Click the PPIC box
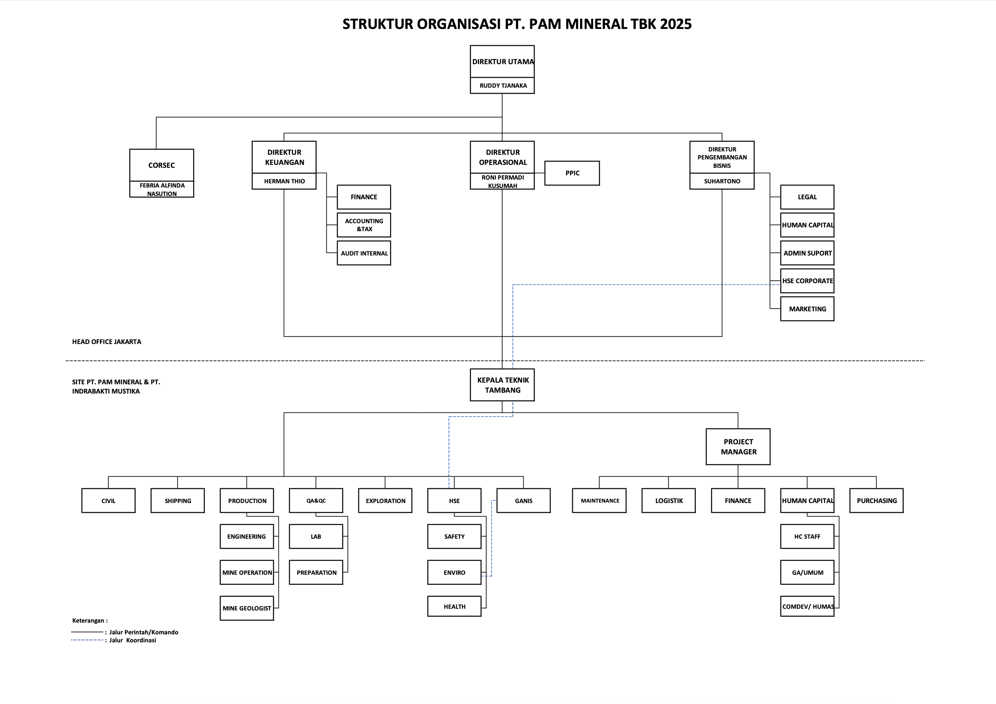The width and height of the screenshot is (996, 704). point(572,173)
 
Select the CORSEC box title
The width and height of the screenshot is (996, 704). point(161,165)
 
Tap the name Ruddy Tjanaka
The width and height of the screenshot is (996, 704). point(503,86)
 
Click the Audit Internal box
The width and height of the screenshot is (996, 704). point(364,253)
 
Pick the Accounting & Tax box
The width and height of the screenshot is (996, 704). point(364,225)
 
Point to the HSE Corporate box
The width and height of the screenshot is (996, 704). point(807,281)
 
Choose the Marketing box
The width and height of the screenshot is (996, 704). point(807,309)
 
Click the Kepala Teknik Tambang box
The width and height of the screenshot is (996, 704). point(502,385)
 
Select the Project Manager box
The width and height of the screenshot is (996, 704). point(738,446)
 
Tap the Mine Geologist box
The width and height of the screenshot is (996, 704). point(247,608)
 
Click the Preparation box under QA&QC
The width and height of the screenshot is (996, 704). point(316,572)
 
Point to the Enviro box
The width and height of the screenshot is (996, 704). point(454,572)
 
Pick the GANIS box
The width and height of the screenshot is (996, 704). point(524,501)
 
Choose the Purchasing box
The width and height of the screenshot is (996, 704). point(876,501)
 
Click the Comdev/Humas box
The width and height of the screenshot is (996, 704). point(807,607)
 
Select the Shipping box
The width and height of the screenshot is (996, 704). point(178,501)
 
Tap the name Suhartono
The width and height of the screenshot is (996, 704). point(722,181)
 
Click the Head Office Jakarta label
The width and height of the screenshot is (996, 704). point(107,342)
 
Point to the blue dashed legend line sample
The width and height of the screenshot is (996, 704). point(87,640)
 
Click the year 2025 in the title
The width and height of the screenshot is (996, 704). point(676,24)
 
